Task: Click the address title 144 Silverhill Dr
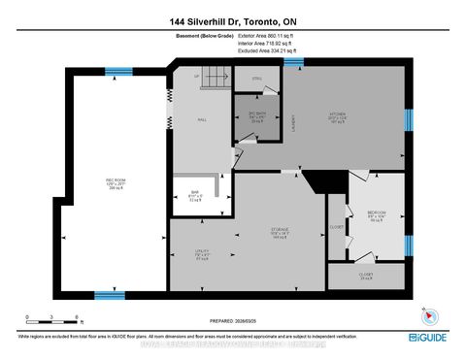tap(232, 18)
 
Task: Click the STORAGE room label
tap(281, 233)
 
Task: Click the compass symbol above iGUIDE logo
tap(424, 314)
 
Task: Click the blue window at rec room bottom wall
tap(109, 293)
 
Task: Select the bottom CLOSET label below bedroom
tap(365, 276)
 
